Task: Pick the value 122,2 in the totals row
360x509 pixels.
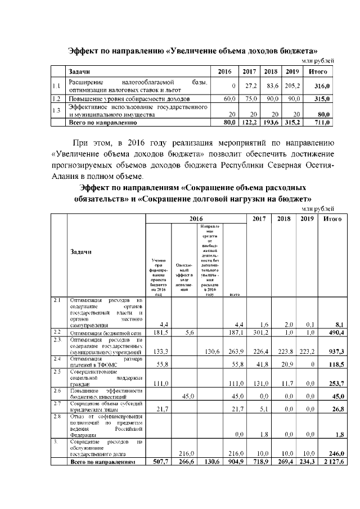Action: pyautogui.click(x=249, y=121)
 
